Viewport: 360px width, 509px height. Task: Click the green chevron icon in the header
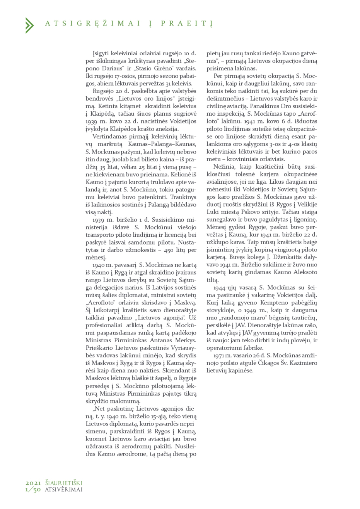coord(29,25)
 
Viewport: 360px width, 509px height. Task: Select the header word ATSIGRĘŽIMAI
coord(93,24)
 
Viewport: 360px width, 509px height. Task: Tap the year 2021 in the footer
coord(33,483)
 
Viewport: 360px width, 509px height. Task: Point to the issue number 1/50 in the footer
coord(33,490)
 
